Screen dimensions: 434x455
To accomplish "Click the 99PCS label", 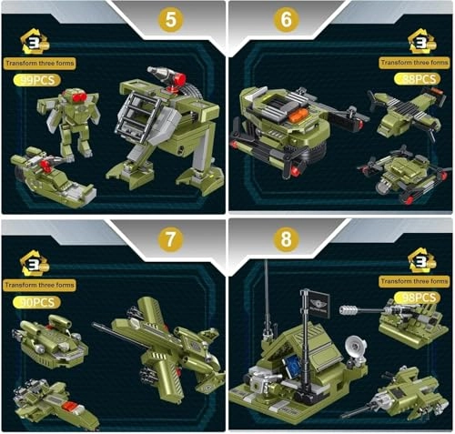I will [34, 81].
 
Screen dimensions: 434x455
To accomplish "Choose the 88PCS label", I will [415, 79].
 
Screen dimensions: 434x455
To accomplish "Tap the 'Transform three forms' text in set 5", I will [40, 64].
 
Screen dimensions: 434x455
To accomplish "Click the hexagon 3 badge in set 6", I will [420, 41].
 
